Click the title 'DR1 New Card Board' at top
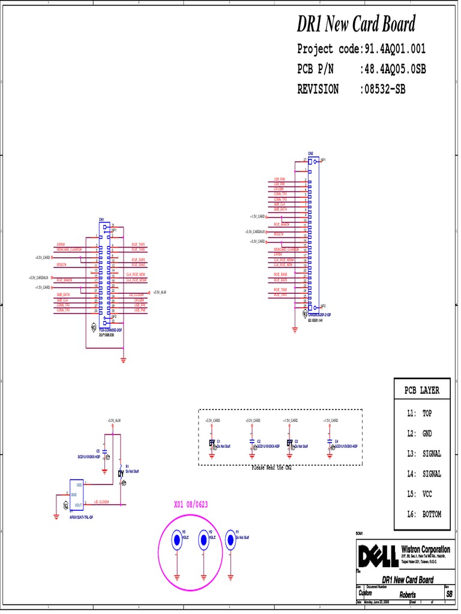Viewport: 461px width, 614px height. (356, 25)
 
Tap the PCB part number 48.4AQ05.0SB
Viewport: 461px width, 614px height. (393, 70)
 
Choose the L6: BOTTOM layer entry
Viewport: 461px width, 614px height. (423, 514)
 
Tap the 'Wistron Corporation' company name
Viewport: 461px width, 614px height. (425, 549)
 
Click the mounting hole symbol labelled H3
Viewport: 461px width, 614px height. (177, 540)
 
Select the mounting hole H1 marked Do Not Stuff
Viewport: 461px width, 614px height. (230, 540)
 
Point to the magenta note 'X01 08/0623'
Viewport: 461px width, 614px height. (191, 505)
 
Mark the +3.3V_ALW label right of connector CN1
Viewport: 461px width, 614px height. (159, 292)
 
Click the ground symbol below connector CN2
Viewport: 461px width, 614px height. (295, 328)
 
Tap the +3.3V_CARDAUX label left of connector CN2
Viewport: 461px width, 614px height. (255, 231)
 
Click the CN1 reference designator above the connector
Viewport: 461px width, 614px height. (102, 220)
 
